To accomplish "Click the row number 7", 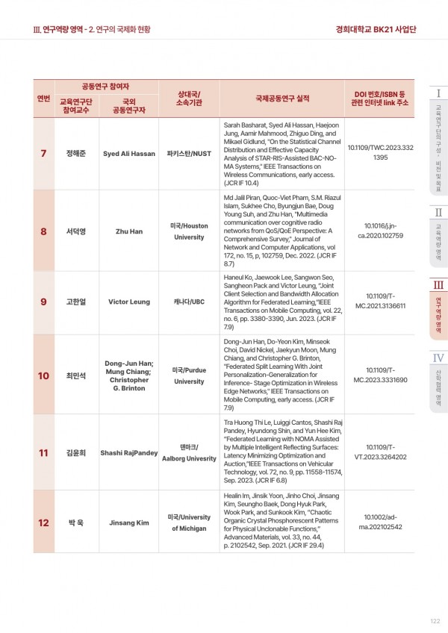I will tap(43, 154).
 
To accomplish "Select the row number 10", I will tap(43, 375).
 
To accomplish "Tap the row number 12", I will tap(43, 523).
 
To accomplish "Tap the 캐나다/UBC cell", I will tap(188, 303).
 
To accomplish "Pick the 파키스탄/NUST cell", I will tap(188, 154).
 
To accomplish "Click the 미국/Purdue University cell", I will tap(188, 375).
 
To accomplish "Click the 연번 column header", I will tap(43, 98).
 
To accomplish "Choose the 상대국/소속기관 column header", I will tap(188, 98).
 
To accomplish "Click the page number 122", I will tap(435, 620).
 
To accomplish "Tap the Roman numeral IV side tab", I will tap(438, 358).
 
